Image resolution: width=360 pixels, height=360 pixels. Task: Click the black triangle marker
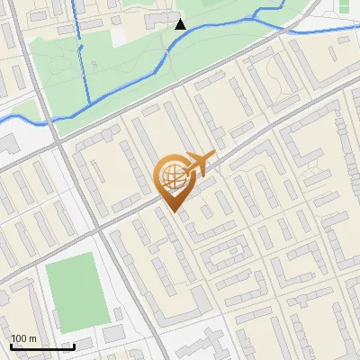(180, 24)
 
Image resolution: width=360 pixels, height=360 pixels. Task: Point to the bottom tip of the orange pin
(173, 211)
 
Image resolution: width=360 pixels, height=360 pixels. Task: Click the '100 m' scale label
(23, 338)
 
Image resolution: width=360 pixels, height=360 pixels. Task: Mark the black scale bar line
(41, 346)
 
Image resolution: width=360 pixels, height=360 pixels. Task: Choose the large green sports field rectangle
(78, 290)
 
